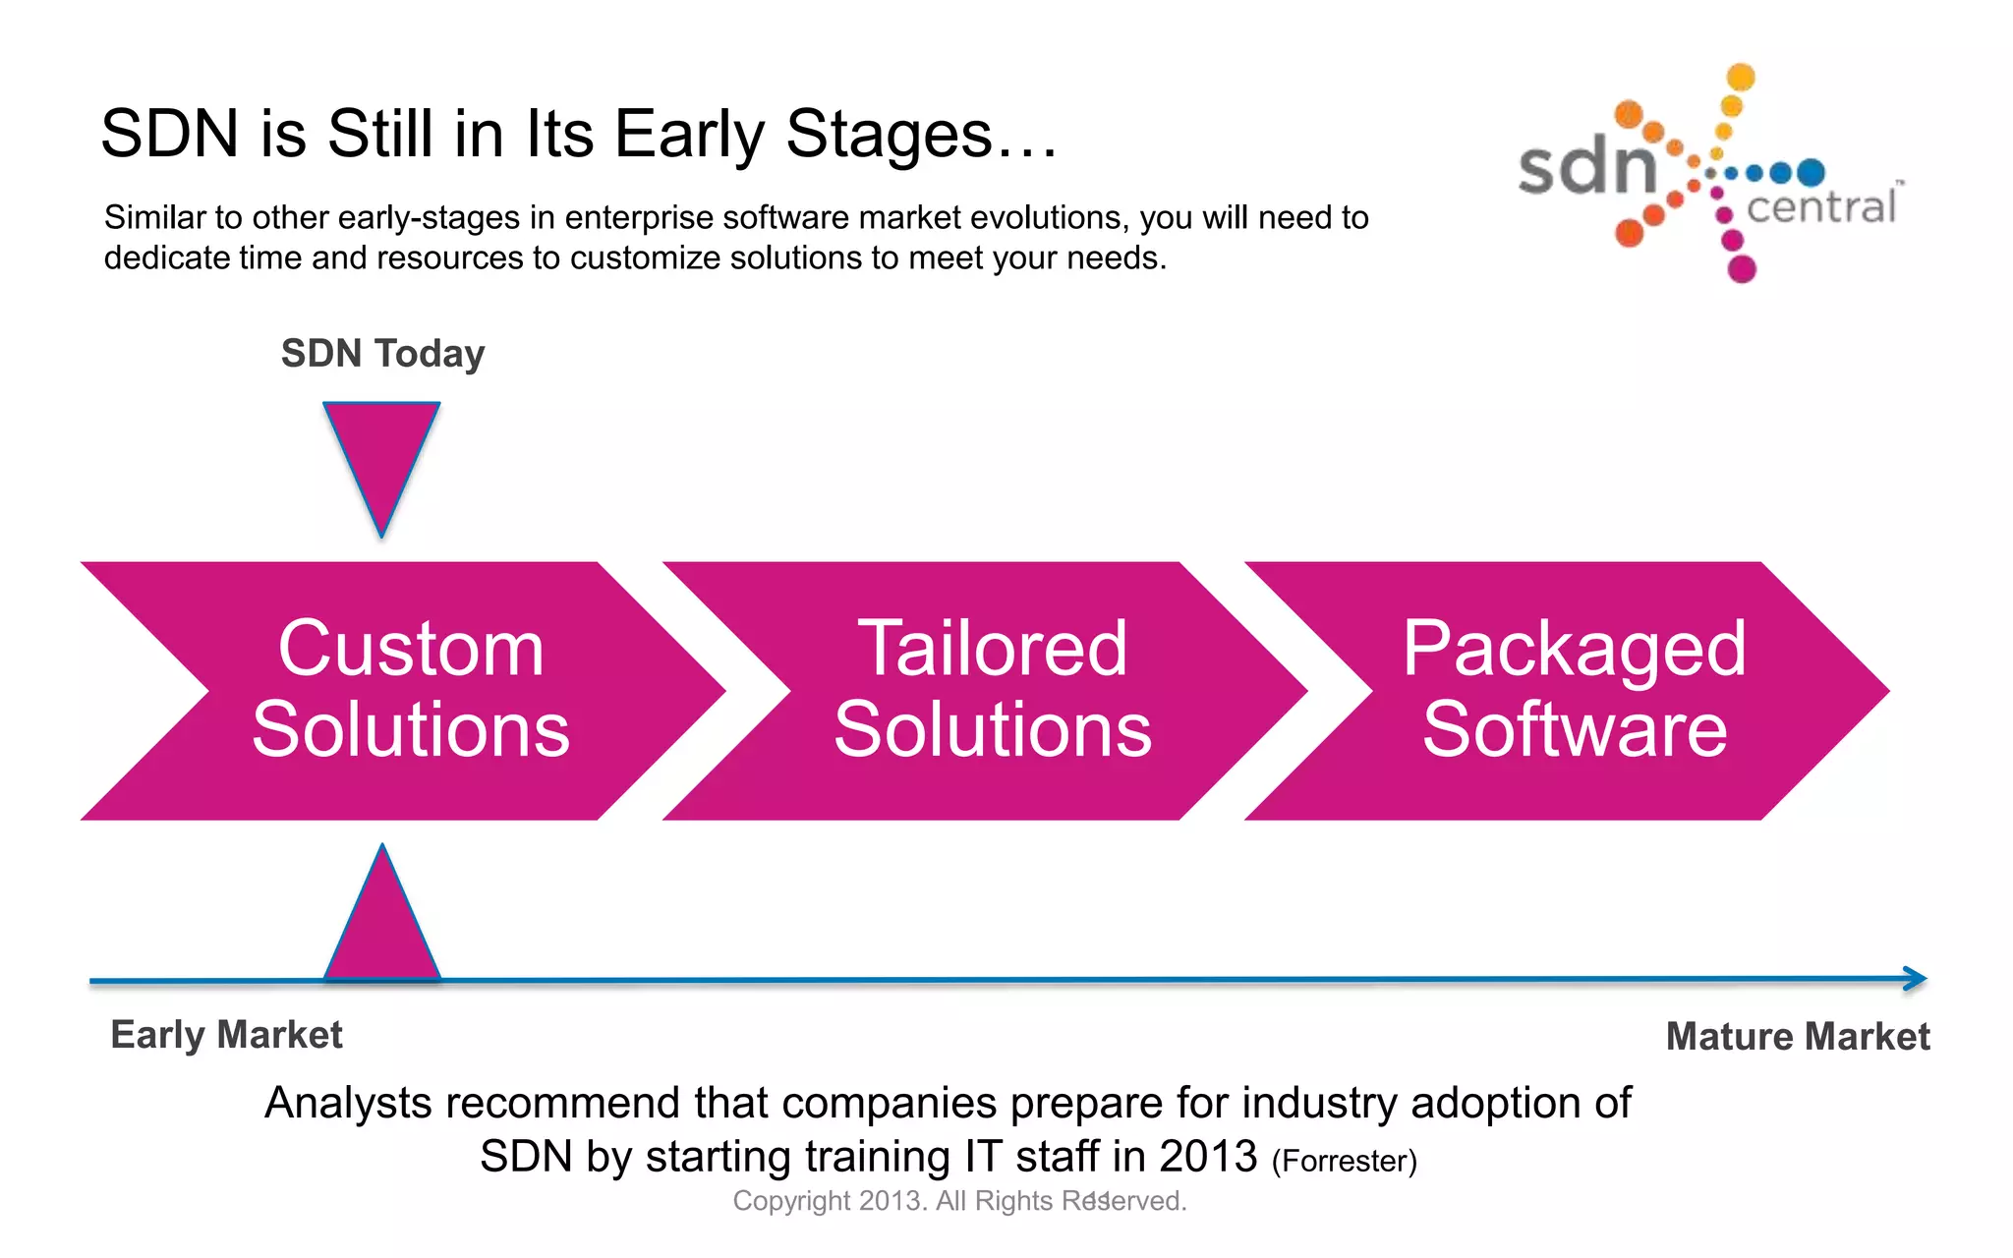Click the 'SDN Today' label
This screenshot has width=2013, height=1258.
[382, 354]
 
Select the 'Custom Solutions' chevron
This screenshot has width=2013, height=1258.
[410, 690]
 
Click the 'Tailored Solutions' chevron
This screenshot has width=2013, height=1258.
[992, 690]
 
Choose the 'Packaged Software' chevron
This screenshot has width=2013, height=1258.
[1574, 690]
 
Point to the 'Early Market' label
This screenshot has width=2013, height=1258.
[226, 1035]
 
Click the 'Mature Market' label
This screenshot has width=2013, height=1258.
[1797, 1037]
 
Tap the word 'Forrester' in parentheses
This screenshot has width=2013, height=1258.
[1344, 1162]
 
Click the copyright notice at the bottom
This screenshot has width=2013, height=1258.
[959, 1201]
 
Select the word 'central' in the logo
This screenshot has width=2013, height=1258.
[1820, 207]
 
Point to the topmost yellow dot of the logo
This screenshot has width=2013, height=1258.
[1741, 76]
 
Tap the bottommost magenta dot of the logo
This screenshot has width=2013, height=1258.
[1742, 268]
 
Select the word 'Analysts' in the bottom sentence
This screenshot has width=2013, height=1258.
[348, 1104]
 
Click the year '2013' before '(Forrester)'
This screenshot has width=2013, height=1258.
[1207, 1157]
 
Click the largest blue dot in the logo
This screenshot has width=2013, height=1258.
[1811, 173]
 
